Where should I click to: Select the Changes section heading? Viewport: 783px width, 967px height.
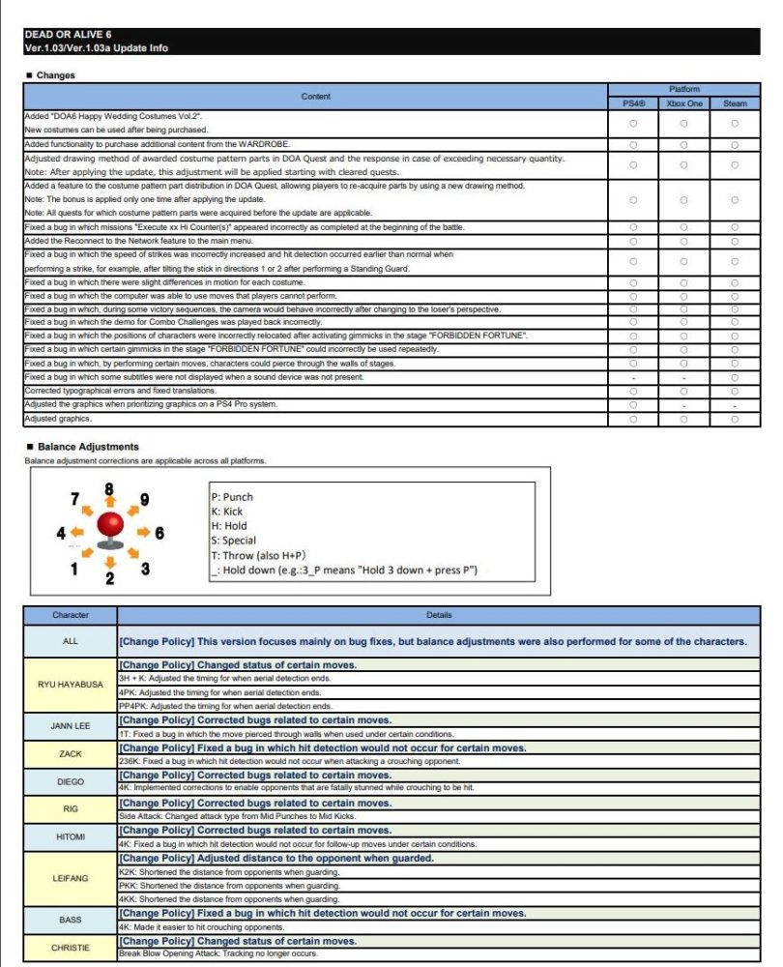pyautogui.click(x=55, y=75)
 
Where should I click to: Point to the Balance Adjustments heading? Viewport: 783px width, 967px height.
pyautogui.click(x=87, y=447)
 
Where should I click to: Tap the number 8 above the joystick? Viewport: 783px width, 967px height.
pyautogui.click(x=109, y=489)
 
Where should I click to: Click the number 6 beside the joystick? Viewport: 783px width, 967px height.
pyautogui.click(x=159, y=533)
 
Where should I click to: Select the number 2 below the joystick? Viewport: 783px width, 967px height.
pyautogui.click(x=109, y=578)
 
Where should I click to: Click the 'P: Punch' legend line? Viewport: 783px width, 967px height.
pyautogui.click(x=231, y=497)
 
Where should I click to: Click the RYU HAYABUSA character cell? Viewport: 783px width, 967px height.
pyautogui.click(x=71, y=685)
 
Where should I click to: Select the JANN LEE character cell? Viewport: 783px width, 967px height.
pyautogui.click(x=71, y=725)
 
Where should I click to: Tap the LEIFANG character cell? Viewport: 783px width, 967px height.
pyautogui.click(x=71, y=878)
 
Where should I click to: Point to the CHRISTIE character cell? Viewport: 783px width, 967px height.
pyautogui.click(x=71, y=948)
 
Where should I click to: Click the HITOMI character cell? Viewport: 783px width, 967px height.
pyautogui.click(x=71, y=836)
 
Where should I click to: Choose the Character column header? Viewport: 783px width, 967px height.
pyautogui.click(x=71, y=615)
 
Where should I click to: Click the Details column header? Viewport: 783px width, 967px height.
pyautogui.click(x=438, y=615)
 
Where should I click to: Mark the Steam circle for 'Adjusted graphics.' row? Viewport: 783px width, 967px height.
pyautogui.click(x=735, y=419)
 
